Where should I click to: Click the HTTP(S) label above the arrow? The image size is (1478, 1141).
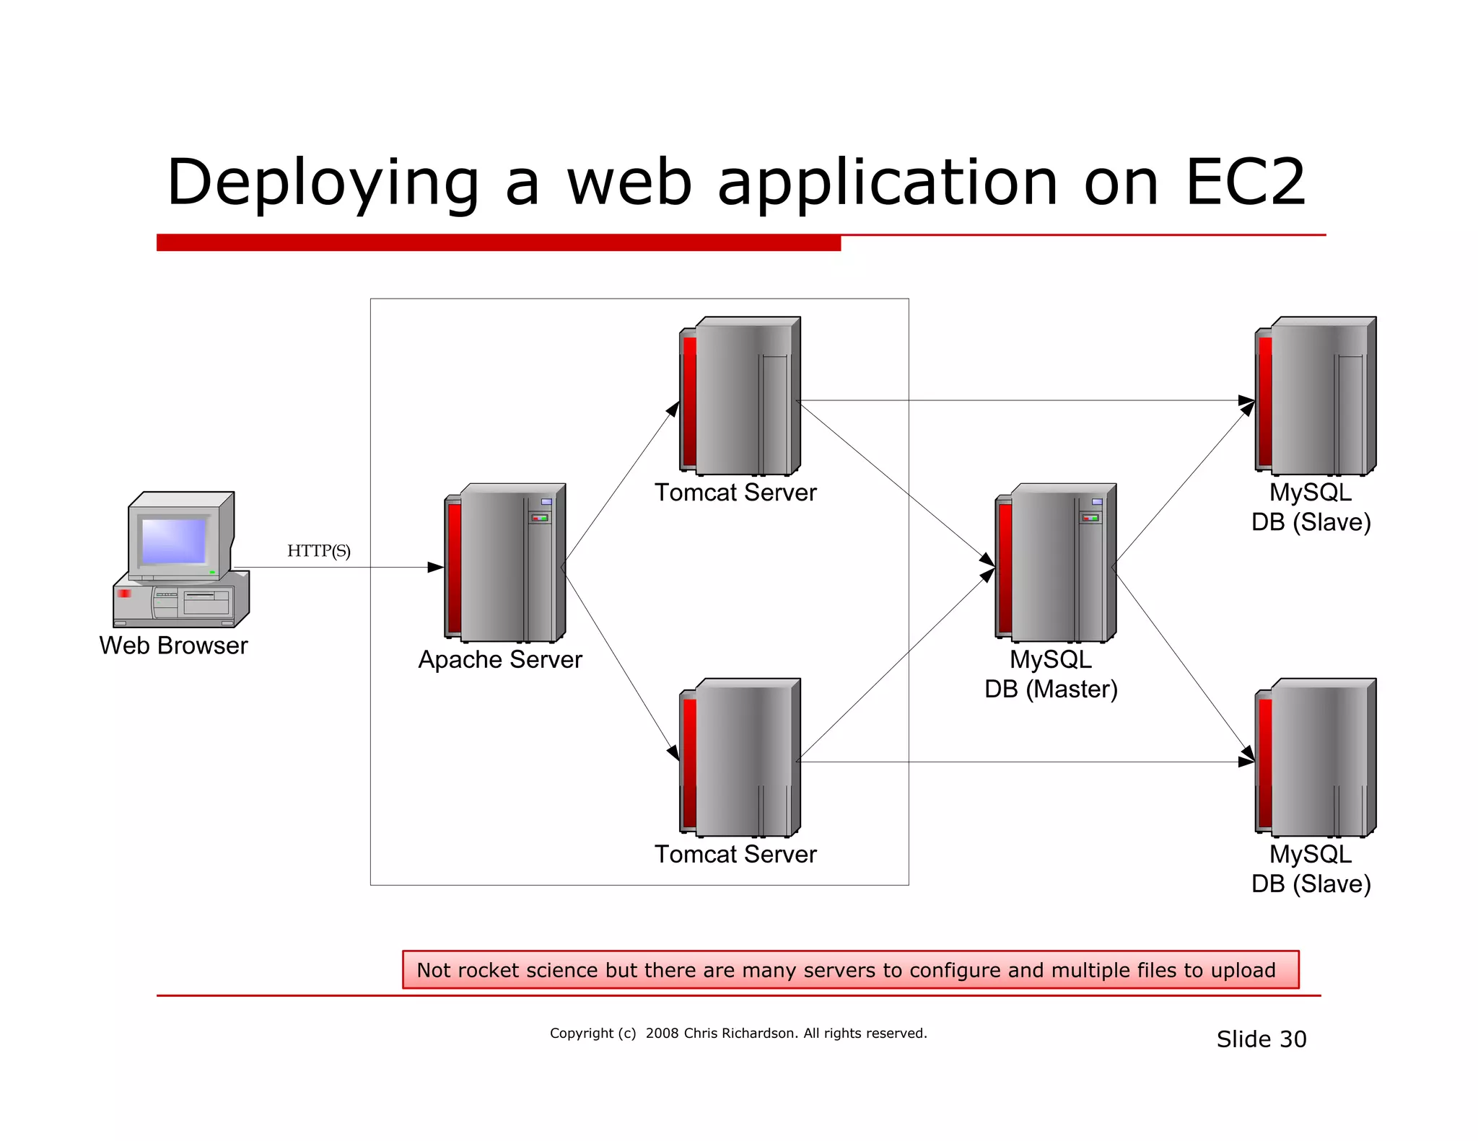click(x=318, y=551)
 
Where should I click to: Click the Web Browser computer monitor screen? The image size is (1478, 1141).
click(x=174, y=540)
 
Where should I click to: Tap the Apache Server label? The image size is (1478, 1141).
click(x=500, y=659)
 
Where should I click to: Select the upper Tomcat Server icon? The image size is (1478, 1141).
click(x=740, y=397)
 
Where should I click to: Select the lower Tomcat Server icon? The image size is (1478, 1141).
click(x=740, y=758)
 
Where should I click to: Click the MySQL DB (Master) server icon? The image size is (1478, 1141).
click(x=1056, y=563)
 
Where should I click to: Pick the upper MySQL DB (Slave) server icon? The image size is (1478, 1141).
click(x=1316, y=397)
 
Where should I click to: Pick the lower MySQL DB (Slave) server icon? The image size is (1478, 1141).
click(x=1316, y=758)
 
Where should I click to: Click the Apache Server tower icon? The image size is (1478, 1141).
click(x=505, y=563)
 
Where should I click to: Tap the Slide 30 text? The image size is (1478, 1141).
click(x=1261, y=1039)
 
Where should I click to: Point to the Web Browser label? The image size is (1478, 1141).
click(x=173, y=645)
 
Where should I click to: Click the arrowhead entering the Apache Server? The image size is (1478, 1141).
click(x=436, y=568)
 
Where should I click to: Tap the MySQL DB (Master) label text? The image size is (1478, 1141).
click(x=1051, y=674)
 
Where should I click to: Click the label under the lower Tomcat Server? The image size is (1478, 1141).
click(x=735, y=854)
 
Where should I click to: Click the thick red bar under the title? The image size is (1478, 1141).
click(x=498, y=242)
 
